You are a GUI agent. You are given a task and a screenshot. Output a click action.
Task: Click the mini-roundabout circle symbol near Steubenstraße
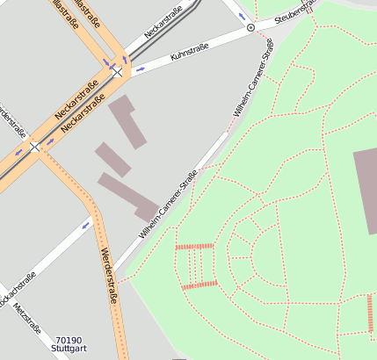[x=250, y=28]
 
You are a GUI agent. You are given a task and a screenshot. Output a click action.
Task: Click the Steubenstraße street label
[x=295, y=12]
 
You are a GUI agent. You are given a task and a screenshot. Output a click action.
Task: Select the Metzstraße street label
[x=28, y=322]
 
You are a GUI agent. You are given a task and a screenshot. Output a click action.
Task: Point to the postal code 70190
[x=69, y=340]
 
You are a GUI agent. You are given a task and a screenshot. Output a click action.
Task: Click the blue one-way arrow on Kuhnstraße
[x=141, y=68]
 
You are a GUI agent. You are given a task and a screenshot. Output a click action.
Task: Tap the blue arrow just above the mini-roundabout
[x=242, y=16]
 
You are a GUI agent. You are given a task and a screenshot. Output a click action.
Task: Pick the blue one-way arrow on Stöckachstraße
[x=86, y=225]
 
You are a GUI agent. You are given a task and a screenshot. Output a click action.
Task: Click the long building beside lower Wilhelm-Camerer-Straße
[x=127, y=196]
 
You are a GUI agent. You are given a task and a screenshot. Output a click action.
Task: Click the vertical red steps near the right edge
[x=370, y=313]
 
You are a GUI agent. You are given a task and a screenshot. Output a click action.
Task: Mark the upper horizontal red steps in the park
[x=194, y=247]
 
